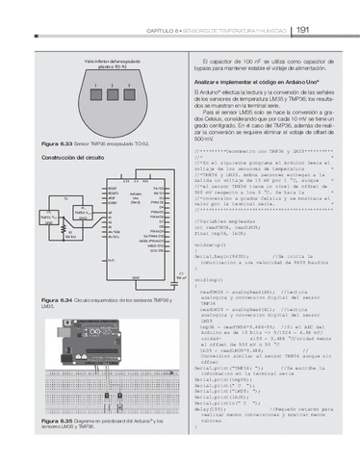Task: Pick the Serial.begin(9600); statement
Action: pos(222,257)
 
